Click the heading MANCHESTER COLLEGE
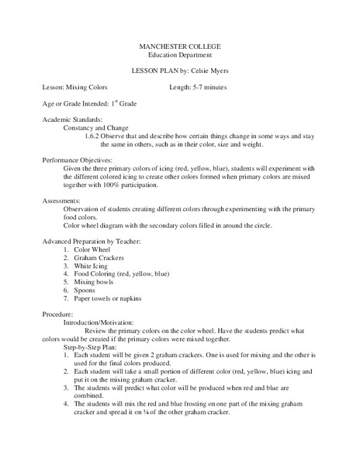click(179, 48)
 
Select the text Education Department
click(179, 57)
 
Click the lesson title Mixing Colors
click(88, 87)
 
